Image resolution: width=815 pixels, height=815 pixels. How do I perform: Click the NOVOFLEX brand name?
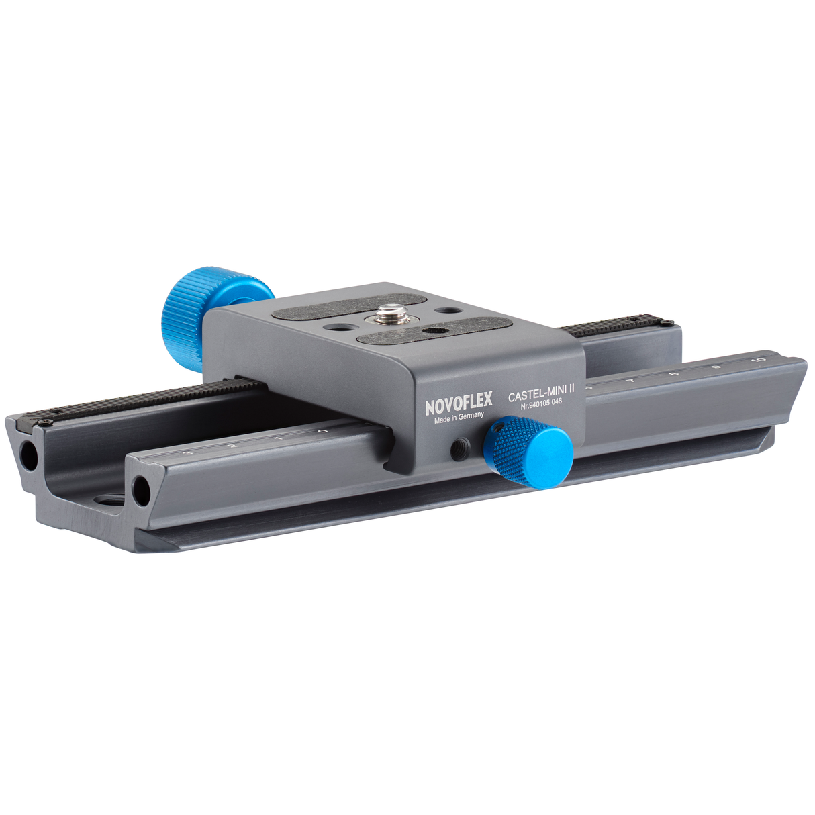459,403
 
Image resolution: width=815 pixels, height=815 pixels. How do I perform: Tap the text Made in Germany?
459,418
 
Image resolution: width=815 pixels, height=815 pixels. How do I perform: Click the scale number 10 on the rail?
758,361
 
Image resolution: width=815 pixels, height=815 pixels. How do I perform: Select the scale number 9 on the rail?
716,367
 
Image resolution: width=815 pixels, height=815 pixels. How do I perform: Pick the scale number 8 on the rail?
673,374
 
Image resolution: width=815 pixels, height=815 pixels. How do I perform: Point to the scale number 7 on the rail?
630,381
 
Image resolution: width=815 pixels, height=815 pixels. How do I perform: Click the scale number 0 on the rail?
323,431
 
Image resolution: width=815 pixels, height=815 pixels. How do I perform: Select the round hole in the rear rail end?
29,456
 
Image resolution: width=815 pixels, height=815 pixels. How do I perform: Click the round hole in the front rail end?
141,491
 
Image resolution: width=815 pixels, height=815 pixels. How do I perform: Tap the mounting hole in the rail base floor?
107,502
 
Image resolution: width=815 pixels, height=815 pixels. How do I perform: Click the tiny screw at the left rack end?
46,422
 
